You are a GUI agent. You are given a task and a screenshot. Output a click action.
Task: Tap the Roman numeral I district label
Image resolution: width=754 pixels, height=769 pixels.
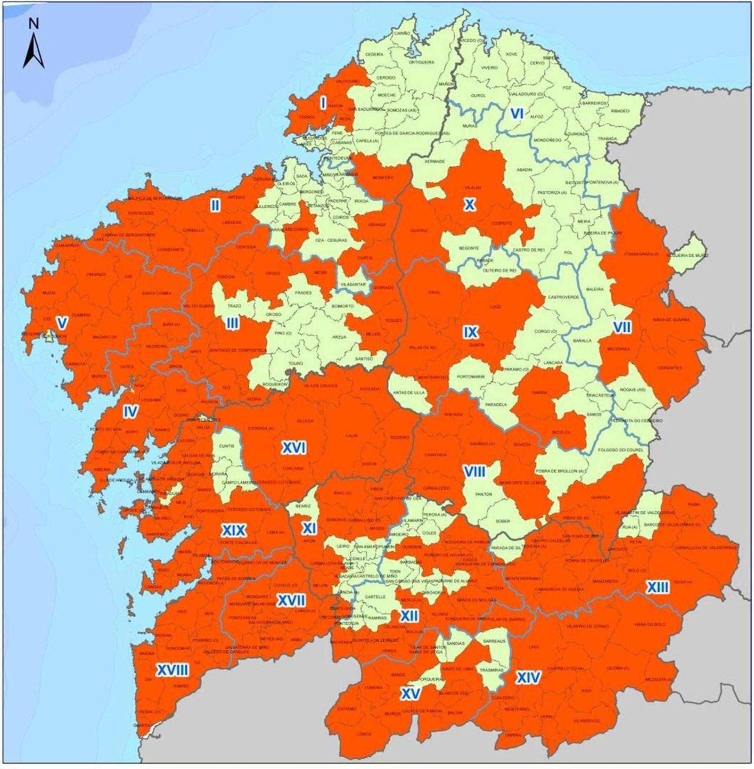323,102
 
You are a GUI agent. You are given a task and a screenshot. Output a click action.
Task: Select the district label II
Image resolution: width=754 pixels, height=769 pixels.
215,205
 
